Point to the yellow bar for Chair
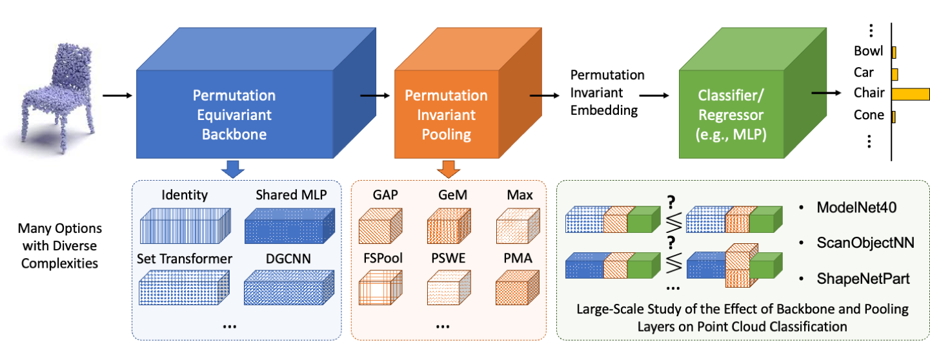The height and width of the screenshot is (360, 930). coord(911,94)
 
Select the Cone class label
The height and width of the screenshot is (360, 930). coord(869,115)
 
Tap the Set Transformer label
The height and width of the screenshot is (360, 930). coord(185,259)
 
